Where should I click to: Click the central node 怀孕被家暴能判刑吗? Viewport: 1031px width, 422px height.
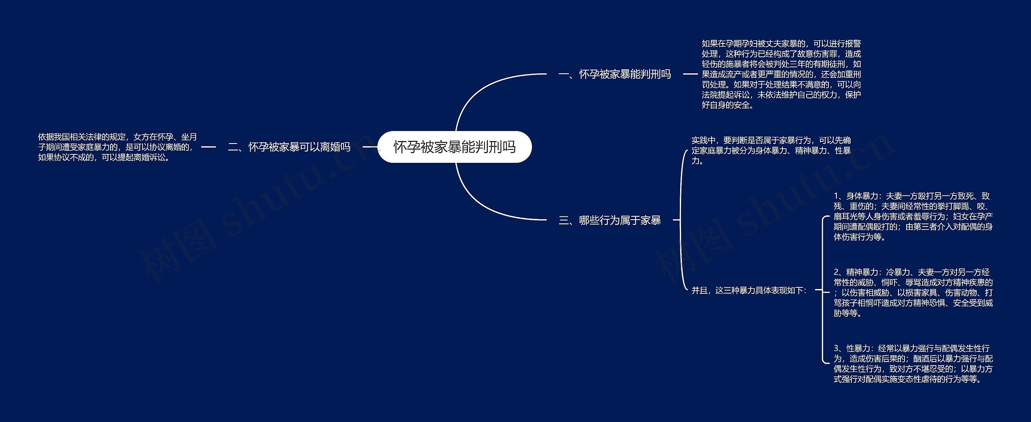click(454, 147)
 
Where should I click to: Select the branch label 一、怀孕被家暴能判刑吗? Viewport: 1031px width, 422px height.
click(615, 74)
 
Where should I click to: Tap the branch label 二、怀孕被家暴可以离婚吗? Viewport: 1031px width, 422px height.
click(289, 147)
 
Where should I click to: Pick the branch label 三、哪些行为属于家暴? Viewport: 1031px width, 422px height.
click(610, 220)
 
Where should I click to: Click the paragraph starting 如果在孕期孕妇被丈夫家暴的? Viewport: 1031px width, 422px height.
click(781, 74)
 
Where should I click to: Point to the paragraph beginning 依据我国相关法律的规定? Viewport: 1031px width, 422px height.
click(117, 147)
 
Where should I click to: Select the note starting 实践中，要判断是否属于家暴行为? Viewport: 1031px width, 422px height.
click(771, 150)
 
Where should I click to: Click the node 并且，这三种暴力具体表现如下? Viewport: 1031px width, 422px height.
click(749, 290)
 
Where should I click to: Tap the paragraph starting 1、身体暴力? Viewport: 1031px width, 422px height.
click(913, 216)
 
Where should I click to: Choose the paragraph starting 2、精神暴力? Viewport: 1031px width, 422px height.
click(913, 293)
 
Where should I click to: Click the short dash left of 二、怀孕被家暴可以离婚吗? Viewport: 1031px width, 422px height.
click(208, 147)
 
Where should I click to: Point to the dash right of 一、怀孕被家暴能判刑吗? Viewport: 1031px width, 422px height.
click(690, 74)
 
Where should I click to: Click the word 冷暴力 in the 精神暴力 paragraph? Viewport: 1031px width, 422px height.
click(892, 272)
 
